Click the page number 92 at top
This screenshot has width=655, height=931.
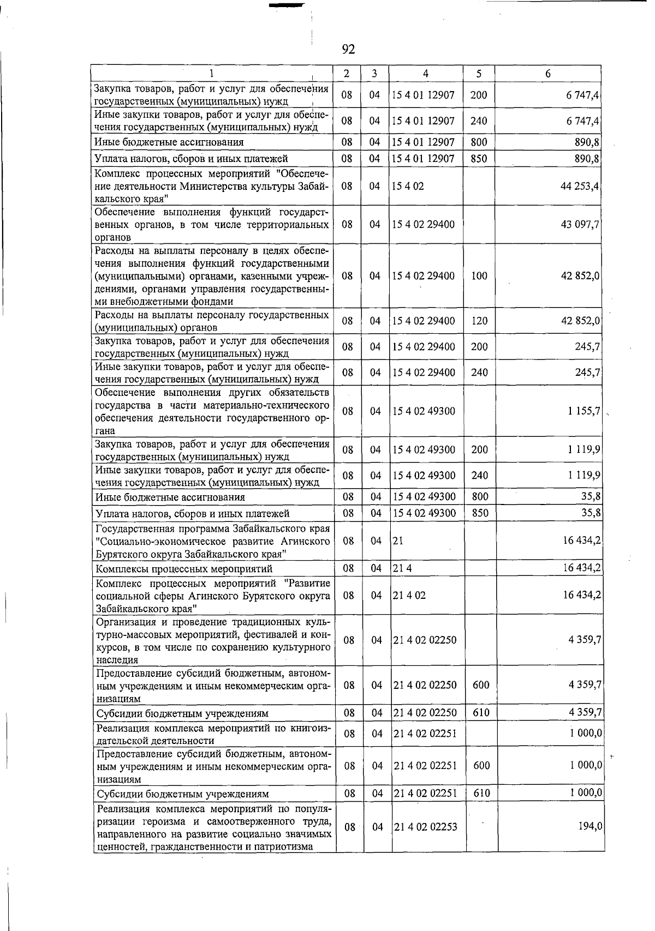pos(348,50)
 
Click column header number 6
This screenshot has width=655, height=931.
pos(548,74)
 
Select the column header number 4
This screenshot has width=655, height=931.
pos(425,74)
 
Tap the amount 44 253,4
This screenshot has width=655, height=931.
pos(580,186)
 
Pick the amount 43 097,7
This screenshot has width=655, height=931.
pos(580,225)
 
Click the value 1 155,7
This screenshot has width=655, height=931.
pos(584,411)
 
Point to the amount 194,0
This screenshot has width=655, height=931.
pos(591,827)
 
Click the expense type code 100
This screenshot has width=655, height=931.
pos(479,276)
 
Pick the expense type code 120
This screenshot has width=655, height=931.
pos(479,321)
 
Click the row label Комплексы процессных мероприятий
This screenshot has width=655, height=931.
pos(184,569)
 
